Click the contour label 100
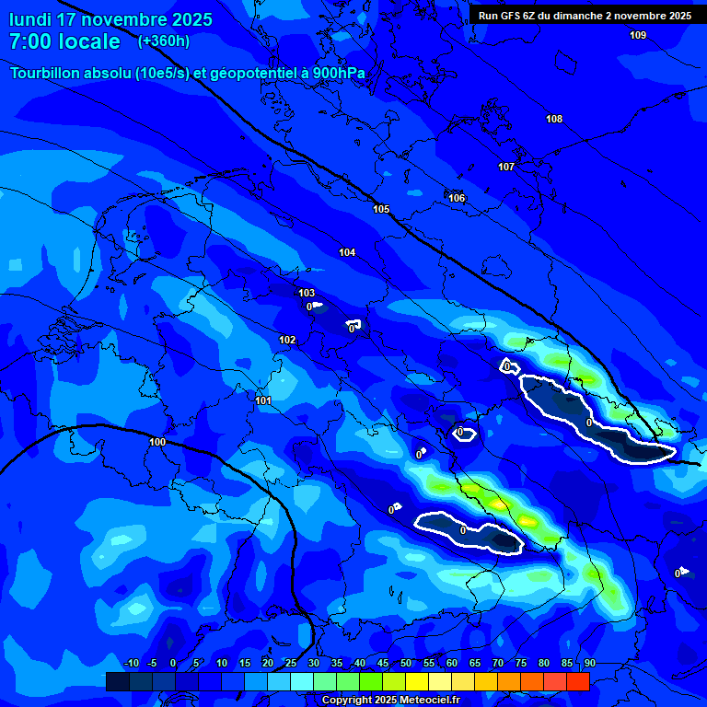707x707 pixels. click(x=157, y=442)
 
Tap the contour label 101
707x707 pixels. click(x=263, y=400)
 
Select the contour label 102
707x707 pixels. click(x=287, y=340)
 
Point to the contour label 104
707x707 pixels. click(x=347, y=252)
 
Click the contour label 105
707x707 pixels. click(x=381, y=209)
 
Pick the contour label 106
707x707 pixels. click(x=457, y=198)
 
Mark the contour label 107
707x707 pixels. click(x=506, y=167)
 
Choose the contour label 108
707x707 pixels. click(x=554, y=119)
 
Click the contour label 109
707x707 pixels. click(x=638, y=35)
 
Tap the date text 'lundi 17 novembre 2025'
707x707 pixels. click(x=110, y=19)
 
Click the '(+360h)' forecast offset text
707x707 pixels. click(x=164, y=41)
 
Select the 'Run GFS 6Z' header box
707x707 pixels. click(x=585, y=15)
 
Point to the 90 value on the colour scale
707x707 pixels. click(x=589, y=663)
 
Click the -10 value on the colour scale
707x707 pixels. click(x=131, y=663)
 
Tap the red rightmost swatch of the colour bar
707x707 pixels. click(x=577, y=681)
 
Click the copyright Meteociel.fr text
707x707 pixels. click(x=390, y=701)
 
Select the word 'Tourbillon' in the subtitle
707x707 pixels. click(x=46, y=74)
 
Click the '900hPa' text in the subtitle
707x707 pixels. click(x=337, y=74)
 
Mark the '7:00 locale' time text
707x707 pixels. click(x=64, y=41)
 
